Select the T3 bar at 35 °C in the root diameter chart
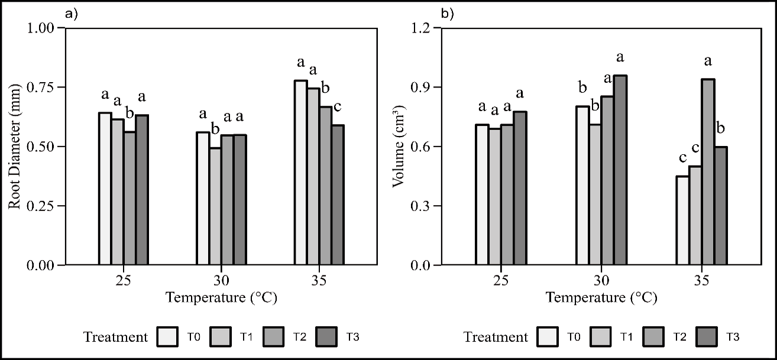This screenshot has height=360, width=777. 338,195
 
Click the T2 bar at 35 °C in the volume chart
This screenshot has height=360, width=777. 708,172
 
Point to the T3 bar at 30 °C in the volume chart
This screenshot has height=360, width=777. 620,170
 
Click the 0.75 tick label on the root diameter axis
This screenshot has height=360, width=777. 42,87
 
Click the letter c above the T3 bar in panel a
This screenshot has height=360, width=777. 338,107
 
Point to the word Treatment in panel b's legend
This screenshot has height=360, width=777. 496,338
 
